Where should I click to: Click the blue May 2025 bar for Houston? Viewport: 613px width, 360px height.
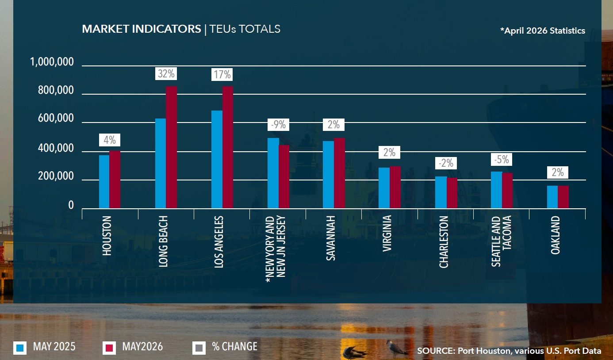(104, 182)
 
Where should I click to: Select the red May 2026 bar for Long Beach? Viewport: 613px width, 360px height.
(171, 147)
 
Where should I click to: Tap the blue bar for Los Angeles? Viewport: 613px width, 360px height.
(217, 160)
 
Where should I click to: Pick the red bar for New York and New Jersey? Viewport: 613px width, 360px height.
(284, 177)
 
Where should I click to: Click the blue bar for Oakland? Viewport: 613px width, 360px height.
(552, 197)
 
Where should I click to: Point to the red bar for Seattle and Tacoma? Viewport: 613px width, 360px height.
(507, 191)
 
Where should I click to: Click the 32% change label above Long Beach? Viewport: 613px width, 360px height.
(166, 73)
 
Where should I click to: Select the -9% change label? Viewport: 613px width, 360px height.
(278, 125)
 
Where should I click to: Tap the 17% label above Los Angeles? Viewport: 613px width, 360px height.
(222, 74)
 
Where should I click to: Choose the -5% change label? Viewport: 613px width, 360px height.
(502, 160)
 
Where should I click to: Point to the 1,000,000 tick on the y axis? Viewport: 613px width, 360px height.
(52, 62)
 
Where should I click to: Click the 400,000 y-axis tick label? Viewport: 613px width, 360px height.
(56, 148)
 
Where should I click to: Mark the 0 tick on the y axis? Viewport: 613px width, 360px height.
(71, 205)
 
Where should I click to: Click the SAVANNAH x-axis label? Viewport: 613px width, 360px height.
(330, 238)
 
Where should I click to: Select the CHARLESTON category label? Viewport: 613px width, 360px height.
(444, 242)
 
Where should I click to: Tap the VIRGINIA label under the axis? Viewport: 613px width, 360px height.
(387, 234)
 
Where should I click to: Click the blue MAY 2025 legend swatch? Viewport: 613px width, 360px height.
(20, 348)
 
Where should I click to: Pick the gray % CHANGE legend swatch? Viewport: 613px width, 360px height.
(199, 348)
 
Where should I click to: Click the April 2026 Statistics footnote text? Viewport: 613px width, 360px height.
(543, 31)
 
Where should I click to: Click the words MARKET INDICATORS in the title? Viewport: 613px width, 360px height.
(142, 29)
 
